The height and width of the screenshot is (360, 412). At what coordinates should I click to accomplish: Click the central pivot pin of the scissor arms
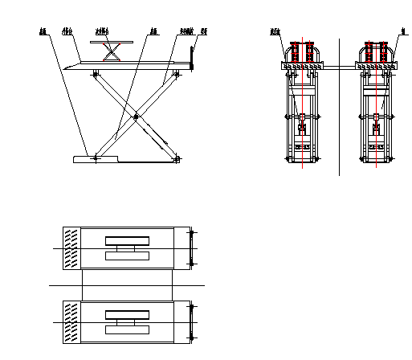pyautogui.click(x=137, y=117)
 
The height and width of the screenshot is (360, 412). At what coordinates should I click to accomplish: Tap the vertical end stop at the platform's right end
pyautogui.click(x=192, y=58)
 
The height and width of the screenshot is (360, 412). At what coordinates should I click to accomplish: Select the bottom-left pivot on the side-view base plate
pyautogui.click(x=96, y=157)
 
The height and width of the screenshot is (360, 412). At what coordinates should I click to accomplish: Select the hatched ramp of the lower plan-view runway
pyautogui.click(x=71, y=321)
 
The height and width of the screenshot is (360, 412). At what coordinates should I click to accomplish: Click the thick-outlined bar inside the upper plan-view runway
pyautogui.click(x=127, y=240)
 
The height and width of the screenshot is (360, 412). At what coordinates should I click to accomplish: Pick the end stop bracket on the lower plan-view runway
pyautogui.click(x=191, y=321)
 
